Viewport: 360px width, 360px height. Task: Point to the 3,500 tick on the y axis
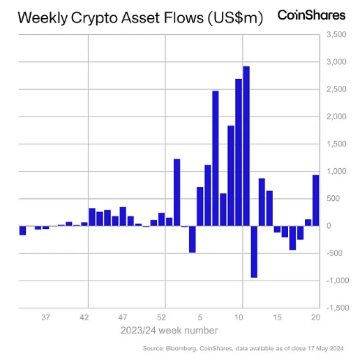tap(336, 34)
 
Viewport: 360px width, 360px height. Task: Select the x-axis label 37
tap(46, 317)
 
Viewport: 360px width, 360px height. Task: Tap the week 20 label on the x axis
tap(315, 317)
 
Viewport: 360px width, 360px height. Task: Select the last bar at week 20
tap(315, 200)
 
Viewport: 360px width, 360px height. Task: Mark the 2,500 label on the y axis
tap(336, 89)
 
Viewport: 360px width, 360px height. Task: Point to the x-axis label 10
tap(239, 317)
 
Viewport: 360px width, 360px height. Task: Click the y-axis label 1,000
tap(336, 171)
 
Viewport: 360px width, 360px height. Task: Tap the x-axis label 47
tap(123, 317)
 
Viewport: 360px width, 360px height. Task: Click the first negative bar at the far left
tap(22, 230)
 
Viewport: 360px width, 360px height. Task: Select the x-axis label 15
tap(277, 317)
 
